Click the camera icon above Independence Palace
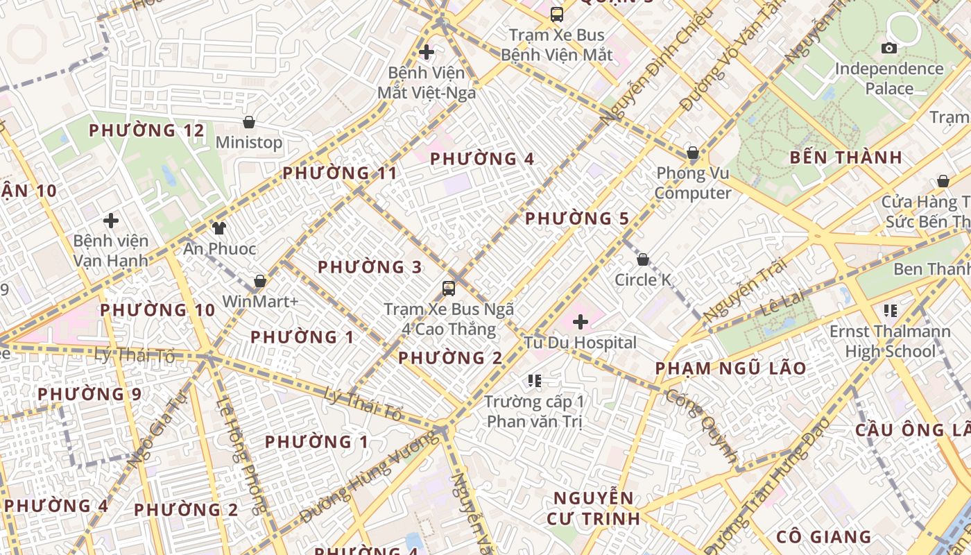tap(888, 48)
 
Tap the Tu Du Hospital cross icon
tap(581, 322)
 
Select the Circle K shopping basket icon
tap(643, 259)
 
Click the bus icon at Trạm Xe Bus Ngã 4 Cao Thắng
tap(449, 288)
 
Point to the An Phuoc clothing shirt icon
tap(219, 228)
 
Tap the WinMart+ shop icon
tap(260, 281)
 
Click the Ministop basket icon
tap(249, 123)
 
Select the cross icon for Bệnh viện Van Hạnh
tap(111, 221)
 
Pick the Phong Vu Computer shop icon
tap(692, 153)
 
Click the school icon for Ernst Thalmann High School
tap(891, 310)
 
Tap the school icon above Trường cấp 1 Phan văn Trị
tap(534, 380)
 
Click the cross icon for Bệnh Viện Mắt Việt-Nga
tap(427, 52)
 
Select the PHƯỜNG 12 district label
tap(147, 130)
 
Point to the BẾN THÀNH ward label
tap(846, 157)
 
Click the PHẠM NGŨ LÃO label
tap(731, 368)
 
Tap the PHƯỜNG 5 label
tap(577, 219)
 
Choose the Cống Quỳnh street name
tap(701, 426)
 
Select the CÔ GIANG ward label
tap(823, 536)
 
